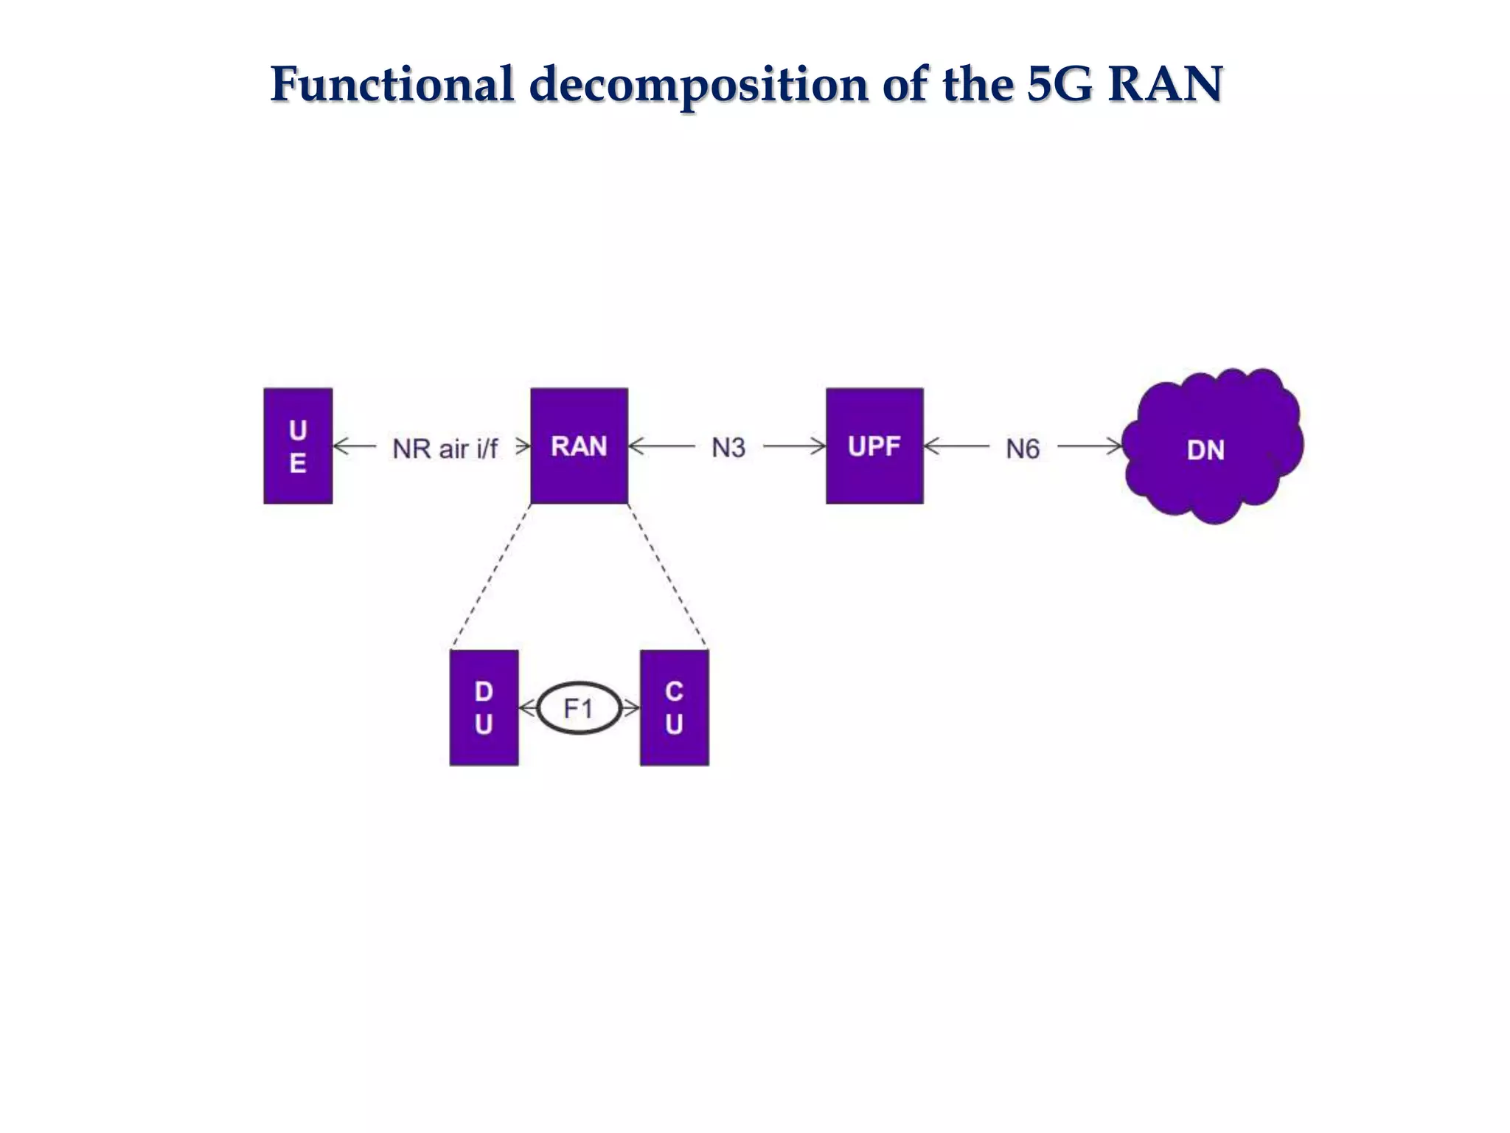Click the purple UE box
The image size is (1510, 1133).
[x=298, y=446]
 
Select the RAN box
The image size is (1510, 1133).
[x=579, y=446]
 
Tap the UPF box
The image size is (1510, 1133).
[x=874, y=446]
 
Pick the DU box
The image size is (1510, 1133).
[x=484, y=707]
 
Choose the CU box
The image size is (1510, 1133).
[x=674, y=707]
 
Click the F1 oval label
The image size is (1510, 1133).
[x=579, y=709]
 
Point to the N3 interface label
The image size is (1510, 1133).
[x=728, y=448]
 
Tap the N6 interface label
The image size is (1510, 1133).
[x=1023, y=448]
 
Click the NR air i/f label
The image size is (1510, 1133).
[x=445, y=448]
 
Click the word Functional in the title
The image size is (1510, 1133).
[x=392, y=84]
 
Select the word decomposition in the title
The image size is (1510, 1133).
[x=697, y=84]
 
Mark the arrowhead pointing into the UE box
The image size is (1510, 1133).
[x=341, y=446]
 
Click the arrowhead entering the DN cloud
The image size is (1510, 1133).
[x=1116, y=446]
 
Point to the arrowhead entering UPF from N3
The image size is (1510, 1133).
[x=819, y=446]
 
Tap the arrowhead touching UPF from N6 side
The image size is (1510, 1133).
[x=931, y=446]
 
